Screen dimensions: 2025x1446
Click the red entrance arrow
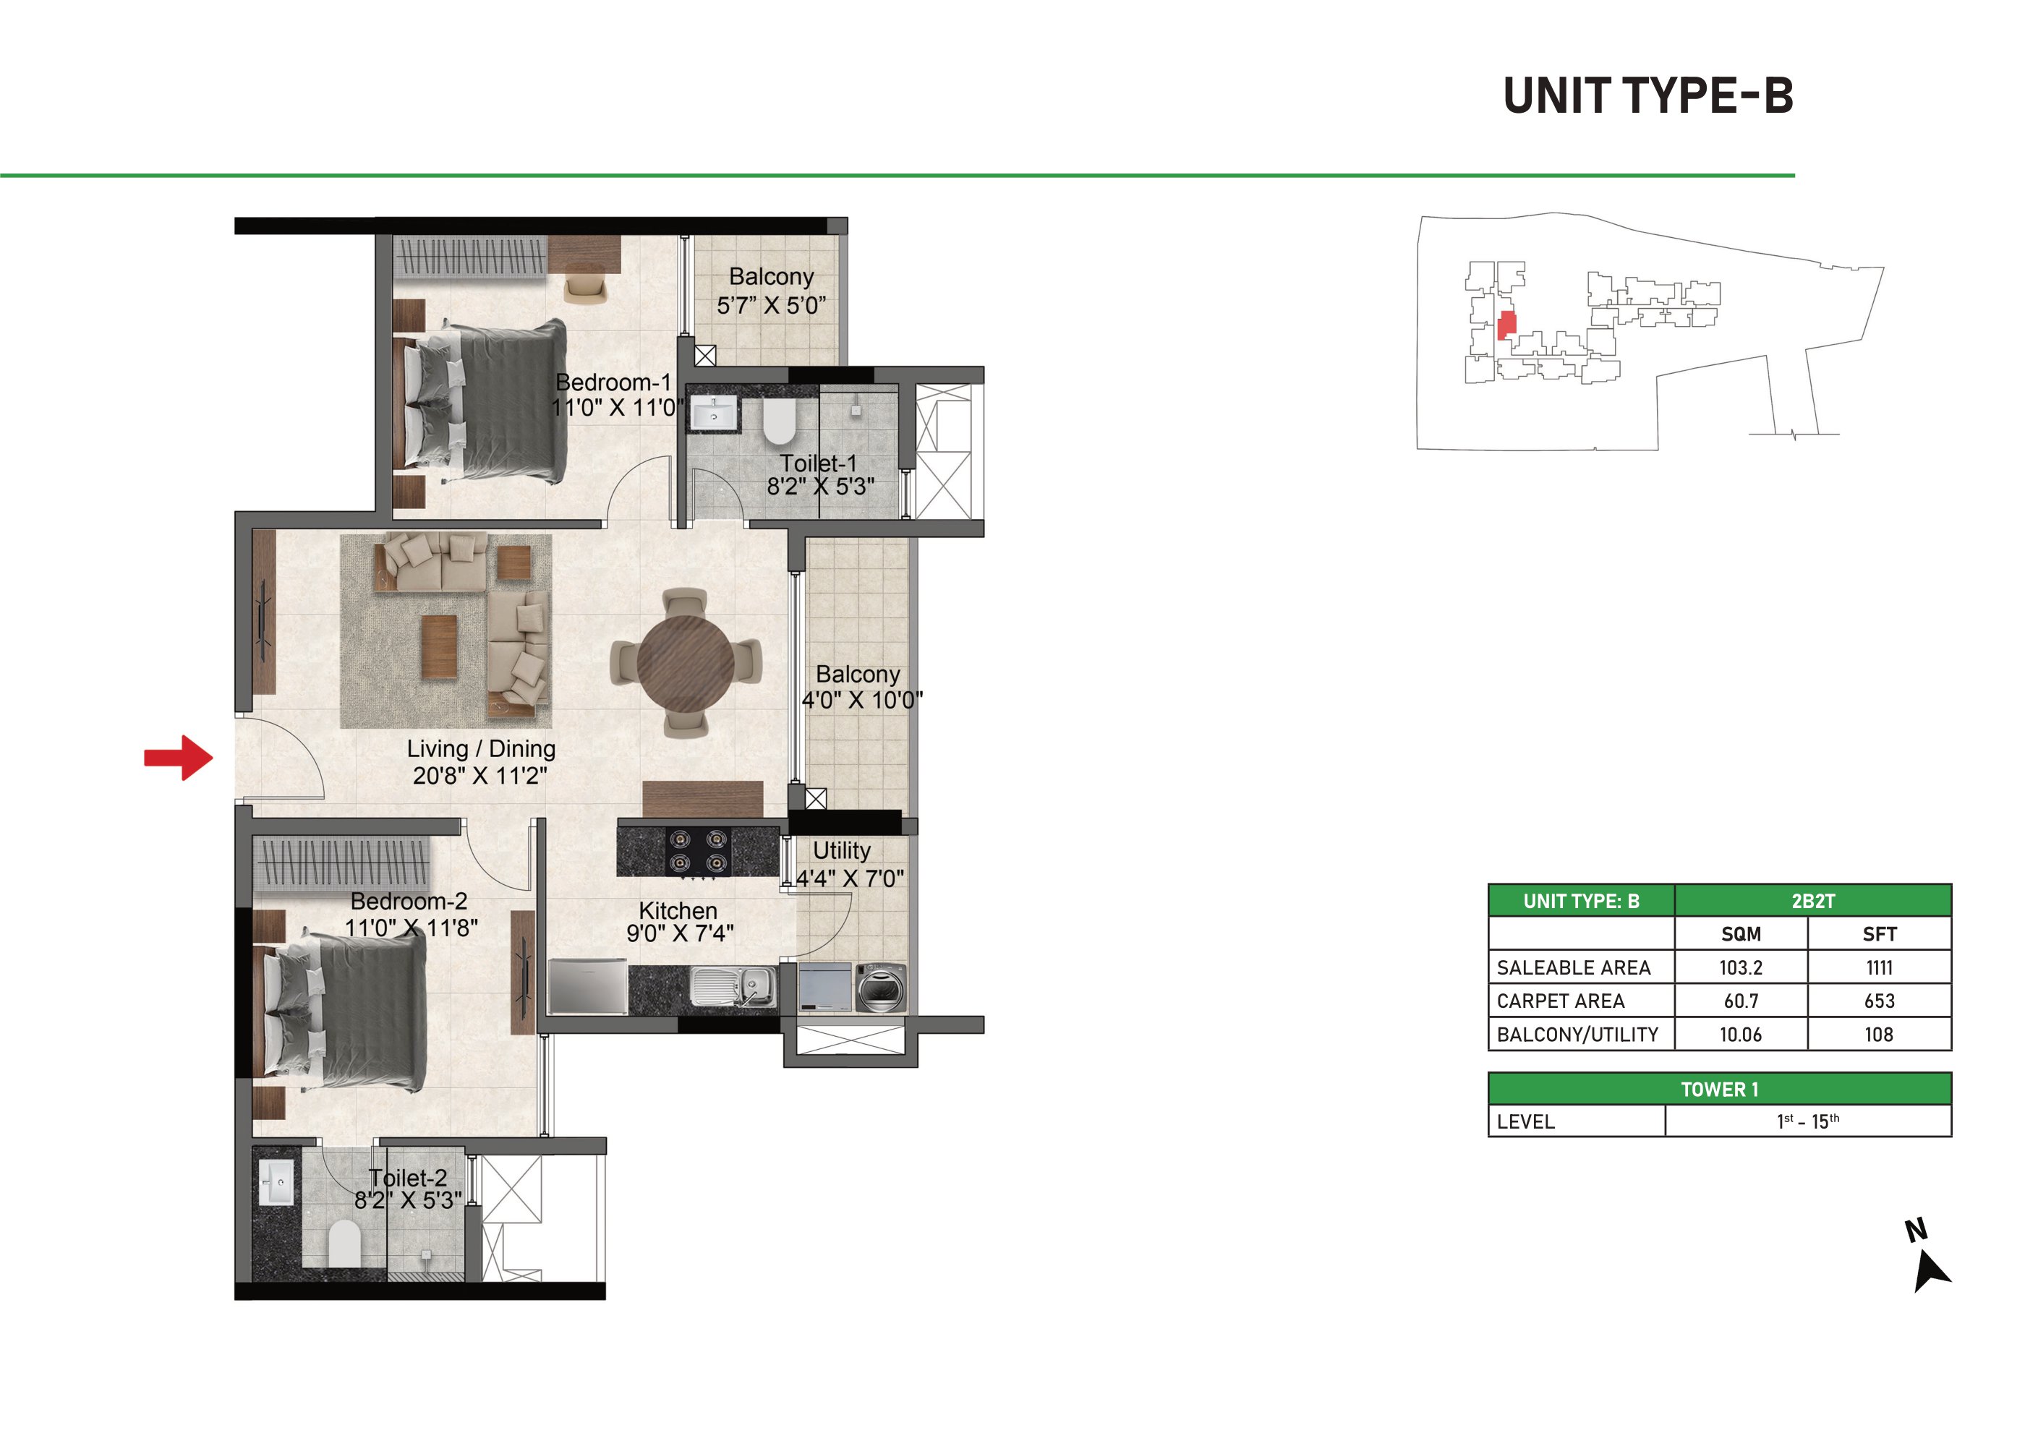click(x=178, y=758)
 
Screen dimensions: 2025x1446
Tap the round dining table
click(x=685, y=663)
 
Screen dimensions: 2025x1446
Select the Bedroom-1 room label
click(x=613, y=382)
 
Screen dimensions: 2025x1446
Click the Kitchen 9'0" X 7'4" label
click(x=678, y=922)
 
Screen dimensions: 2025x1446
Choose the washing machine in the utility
click(x=881, y=988)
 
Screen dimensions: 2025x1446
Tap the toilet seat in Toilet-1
click(x=778, y=422)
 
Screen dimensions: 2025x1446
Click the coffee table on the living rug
click(x=439, y=647)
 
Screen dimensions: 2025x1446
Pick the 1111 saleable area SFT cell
click(x=1879, y=967)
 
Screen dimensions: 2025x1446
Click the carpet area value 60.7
click(x=1741, y=1001)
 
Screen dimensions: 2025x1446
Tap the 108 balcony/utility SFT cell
click(x=1879, y=1035)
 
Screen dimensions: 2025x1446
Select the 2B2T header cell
click(x=1813, y=901)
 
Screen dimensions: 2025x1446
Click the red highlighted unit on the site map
click(x=1506, y=325)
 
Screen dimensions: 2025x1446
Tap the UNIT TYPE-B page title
click(x=1647, y=95)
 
